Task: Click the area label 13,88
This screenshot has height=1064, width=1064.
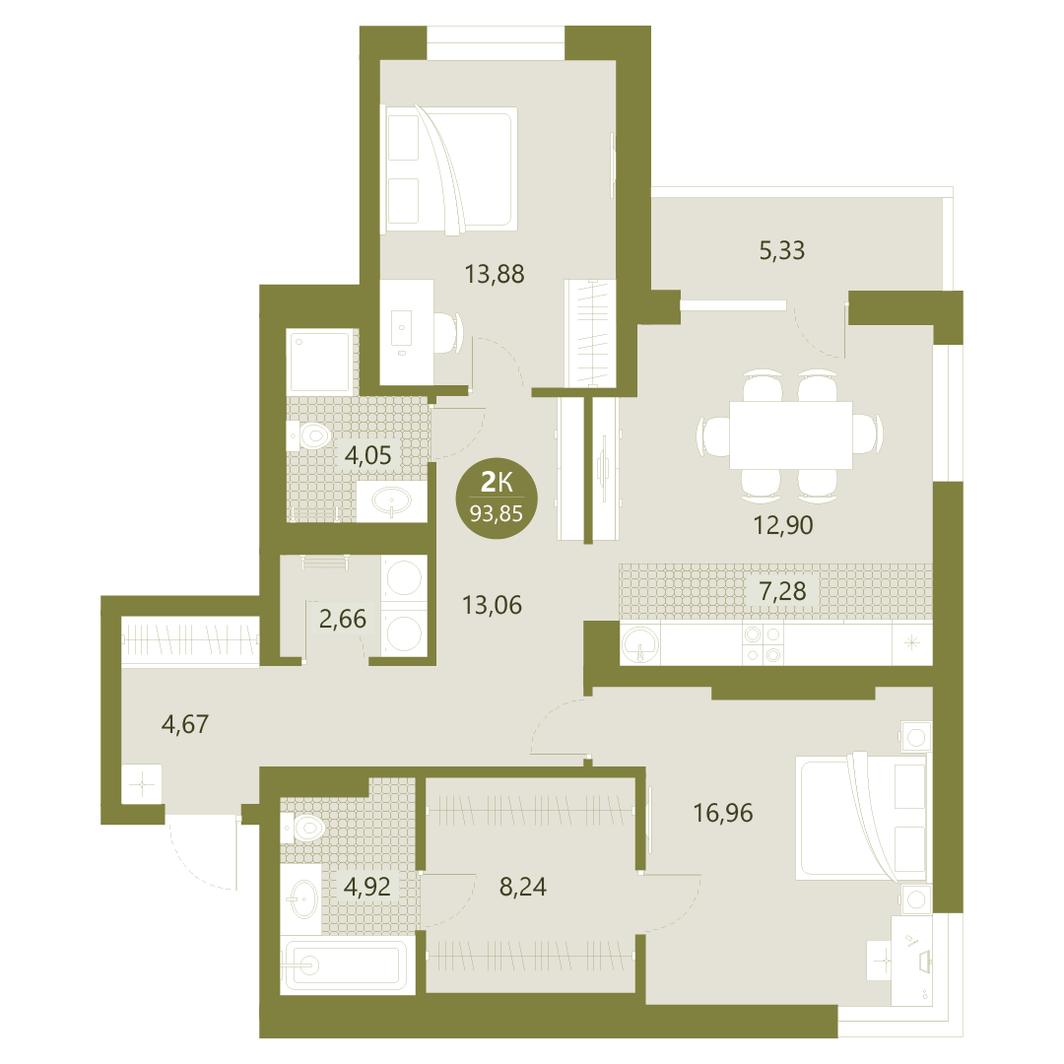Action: pyautogui.click(x=494, y=274)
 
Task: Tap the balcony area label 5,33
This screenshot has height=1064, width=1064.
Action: pyautogui.click(x=781, y=250)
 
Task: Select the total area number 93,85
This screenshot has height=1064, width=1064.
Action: pyautogui.click(x=497, y=513)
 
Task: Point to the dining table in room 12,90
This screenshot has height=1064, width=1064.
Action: pyautogui.click(x=790, y=435)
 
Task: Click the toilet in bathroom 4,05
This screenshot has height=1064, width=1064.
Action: pyautogui.click(x=308, y=435)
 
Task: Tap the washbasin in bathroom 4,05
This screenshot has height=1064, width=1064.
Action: pyautogui.click(x=391, y=501)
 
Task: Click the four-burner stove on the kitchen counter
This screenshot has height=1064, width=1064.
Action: pyautogui.click(x=763, y=644)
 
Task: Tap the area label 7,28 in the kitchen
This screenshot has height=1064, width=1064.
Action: pyautogui.click(x=782, y=591)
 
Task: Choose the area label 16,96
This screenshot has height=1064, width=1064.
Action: pyautogui.click(x=723, y=812)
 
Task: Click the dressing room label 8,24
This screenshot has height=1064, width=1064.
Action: pyautogui.click(x=522, y=887)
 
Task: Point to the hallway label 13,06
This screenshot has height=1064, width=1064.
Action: pyautogui.click(x=492, y=605)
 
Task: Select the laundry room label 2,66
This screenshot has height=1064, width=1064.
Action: pyautogui.click(x=342, y=618)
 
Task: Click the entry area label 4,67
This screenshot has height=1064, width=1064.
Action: pyautogui.click(x=184, y=724)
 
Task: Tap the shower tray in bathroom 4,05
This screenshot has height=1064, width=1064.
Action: pyautogui.click(x=319, y=361)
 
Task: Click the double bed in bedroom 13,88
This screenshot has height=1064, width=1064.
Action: pyautogui.click(x=449, y=168)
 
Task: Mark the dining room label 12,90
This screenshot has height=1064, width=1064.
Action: pyautogui.click(x=783, y=525)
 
